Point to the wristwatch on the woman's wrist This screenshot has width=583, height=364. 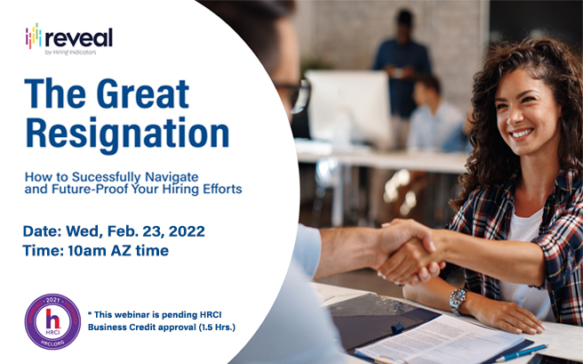coord(458,300)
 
